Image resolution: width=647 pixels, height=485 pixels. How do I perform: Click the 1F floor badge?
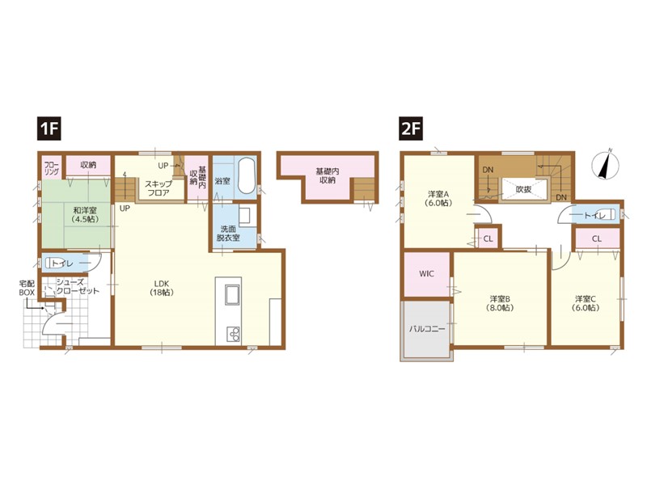pos(49,129)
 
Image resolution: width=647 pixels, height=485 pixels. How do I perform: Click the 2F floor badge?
pos(411,129)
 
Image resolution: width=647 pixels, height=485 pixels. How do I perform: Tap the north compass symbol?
pos(606,163)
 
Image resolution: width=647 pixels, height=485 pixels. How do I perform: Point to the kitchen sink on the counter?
pos(233,294)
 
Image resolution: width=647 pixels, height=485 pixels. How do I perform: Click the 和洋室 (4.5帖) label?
pos(85,214)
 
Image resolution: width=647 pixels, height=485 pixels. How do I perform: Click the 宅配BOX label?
pos(27,288)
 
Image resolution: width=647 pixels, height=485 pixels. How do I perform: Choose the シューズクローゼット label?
pos(78,287)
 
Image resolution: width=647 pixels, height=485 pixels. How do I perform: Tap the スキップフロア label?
pos(158,188)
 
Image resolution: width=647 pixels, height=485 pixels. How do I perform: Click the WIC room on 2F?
pos(426,274)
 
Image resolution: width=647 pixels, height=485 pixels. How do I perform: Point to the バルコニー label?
pos(427,329)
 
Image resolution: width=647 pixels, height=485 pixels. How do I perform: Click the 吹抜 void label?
pos(523,190)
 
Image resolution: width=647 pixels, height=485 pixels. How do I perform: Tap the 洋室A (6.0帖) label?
pos(438,198)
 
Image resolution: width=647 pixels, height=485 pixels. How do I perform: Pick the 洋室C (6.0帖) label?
pos(586,302)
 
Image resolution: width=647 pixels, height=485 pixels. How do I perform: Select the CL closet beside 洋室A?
pos(488,238)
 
